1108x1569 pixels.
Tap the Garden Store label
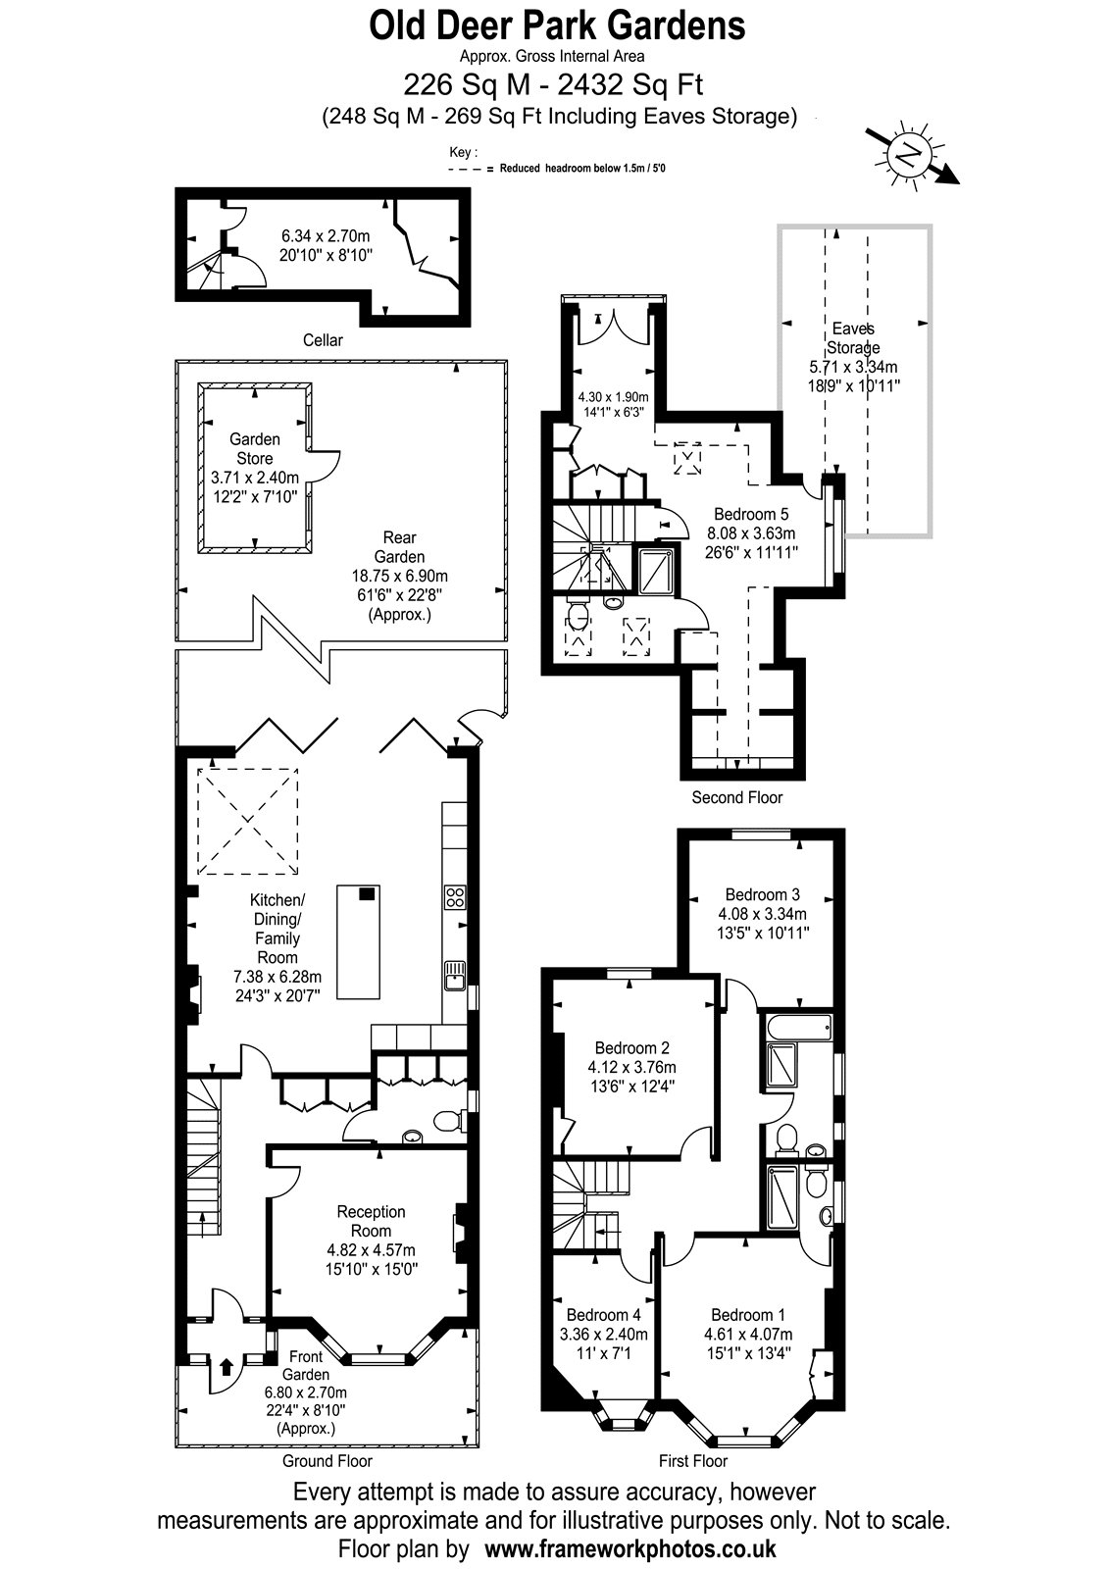[x=255, y=449]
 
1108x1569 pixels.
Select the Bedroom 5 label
[x=751, y=514]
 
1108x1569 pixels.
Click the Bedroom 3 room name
[x=762, y=894]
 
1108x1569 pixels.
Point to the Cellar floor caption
[x=323, y=340]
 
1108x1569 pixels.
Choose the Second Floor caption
[x=736, y=797]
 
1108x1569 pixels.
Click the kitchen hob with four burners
[x=455, y=897]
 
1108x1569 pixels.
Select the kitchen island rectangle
[x=359, y=942]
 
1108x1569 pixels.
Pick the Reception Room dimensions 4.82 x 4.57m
[x=372, y=1249]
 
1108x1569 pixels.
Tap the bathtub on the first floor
[x=799, y=1029]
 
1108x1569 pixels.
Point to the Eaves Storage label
[x=853, y=337]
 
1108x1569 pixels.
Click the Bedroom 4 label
[x=604, y=1315]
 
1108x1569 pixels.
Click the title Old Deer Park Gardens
[x=557, y=26]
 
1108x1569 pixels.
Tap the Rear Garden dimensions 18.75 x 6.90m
[x=400, y=577]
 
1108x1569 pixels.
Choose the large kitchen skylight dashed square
[x=247, y=821]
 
